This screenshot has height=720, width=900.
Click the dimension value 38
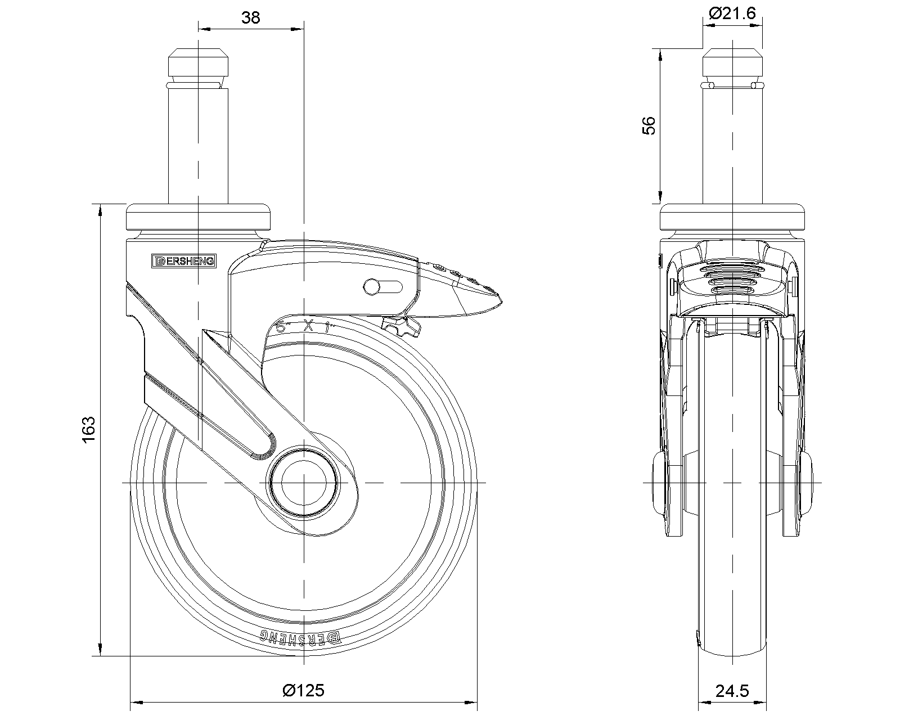coord(251,18)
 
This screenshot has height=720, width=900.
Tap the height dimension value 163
coord(89,430)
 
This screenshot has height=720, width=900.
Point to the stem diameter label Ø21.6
coord(733,13)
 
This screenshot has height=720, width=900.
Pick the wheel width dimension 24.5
coord(733,691)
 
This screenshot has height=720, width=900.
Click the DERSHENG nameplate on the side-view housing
coord(184,260)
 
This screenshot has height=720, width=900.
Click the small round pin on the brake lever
coord(371,286)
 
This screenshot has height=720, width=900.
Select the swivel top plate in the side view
coord(199,216)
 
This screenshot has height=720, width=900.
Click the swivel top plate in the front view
coord(733,216)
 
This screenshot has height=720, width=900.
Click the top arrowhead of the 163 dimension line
coord(100,210)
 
